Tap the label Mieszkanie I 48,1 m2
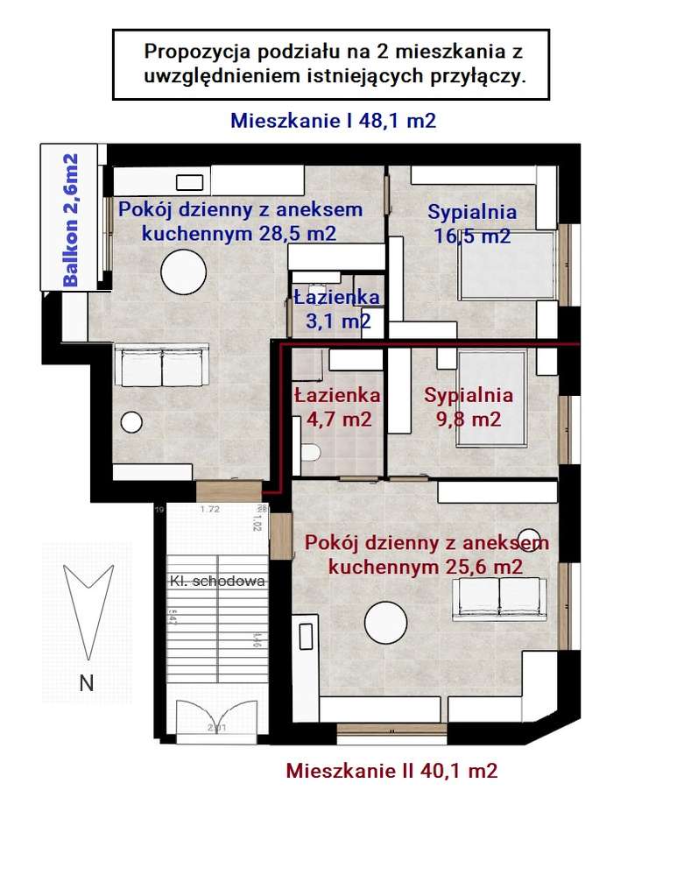point(333,122)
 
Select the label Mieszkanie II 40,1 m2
point(391,771)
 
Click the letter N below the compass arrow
point(86,684)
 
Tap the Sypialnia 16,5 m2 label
point(472,223)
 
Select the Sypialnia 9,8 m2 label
point(469,406)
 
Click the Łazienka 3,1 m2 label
point(336,309)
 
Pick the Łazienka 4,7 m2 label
point(337,406)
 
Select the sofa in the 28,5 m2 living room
point(163,365)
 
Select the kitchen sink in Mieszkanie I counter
point(190,182)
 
